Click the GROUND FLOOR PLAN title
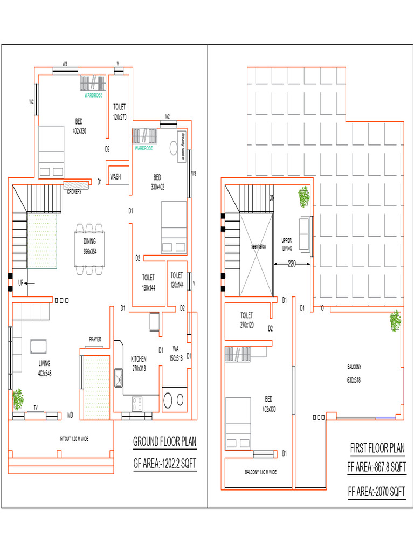click(164, 443)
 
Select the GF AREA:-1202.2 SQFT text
click(164, 463)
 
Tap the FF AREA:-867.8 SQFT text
click(376, 467)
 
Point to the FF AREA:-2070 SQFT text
click(376, 491)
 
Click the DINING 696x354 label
click(89, 246)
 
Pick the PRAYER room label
click(95, 339)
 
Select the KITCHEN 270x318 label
click(139, 364)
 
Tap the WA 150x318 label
click(176, 353)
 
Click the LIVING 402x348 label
click(44, 368)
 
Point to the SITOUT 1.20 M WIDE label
click(74, 439)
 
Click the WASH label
click(115, 176)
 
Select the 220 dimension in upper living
click(292, 264)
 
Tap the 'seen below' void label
click(259, 246)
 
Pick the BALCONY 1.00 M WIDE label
click(261, 472)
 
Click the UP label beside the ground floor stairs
click(20, 282)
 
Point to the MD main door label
click(70, 415)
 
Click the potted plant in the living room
click(18, 399)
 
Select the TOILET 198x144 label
click(148, 282)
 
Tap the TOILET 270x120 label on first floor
click(247, 320)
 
